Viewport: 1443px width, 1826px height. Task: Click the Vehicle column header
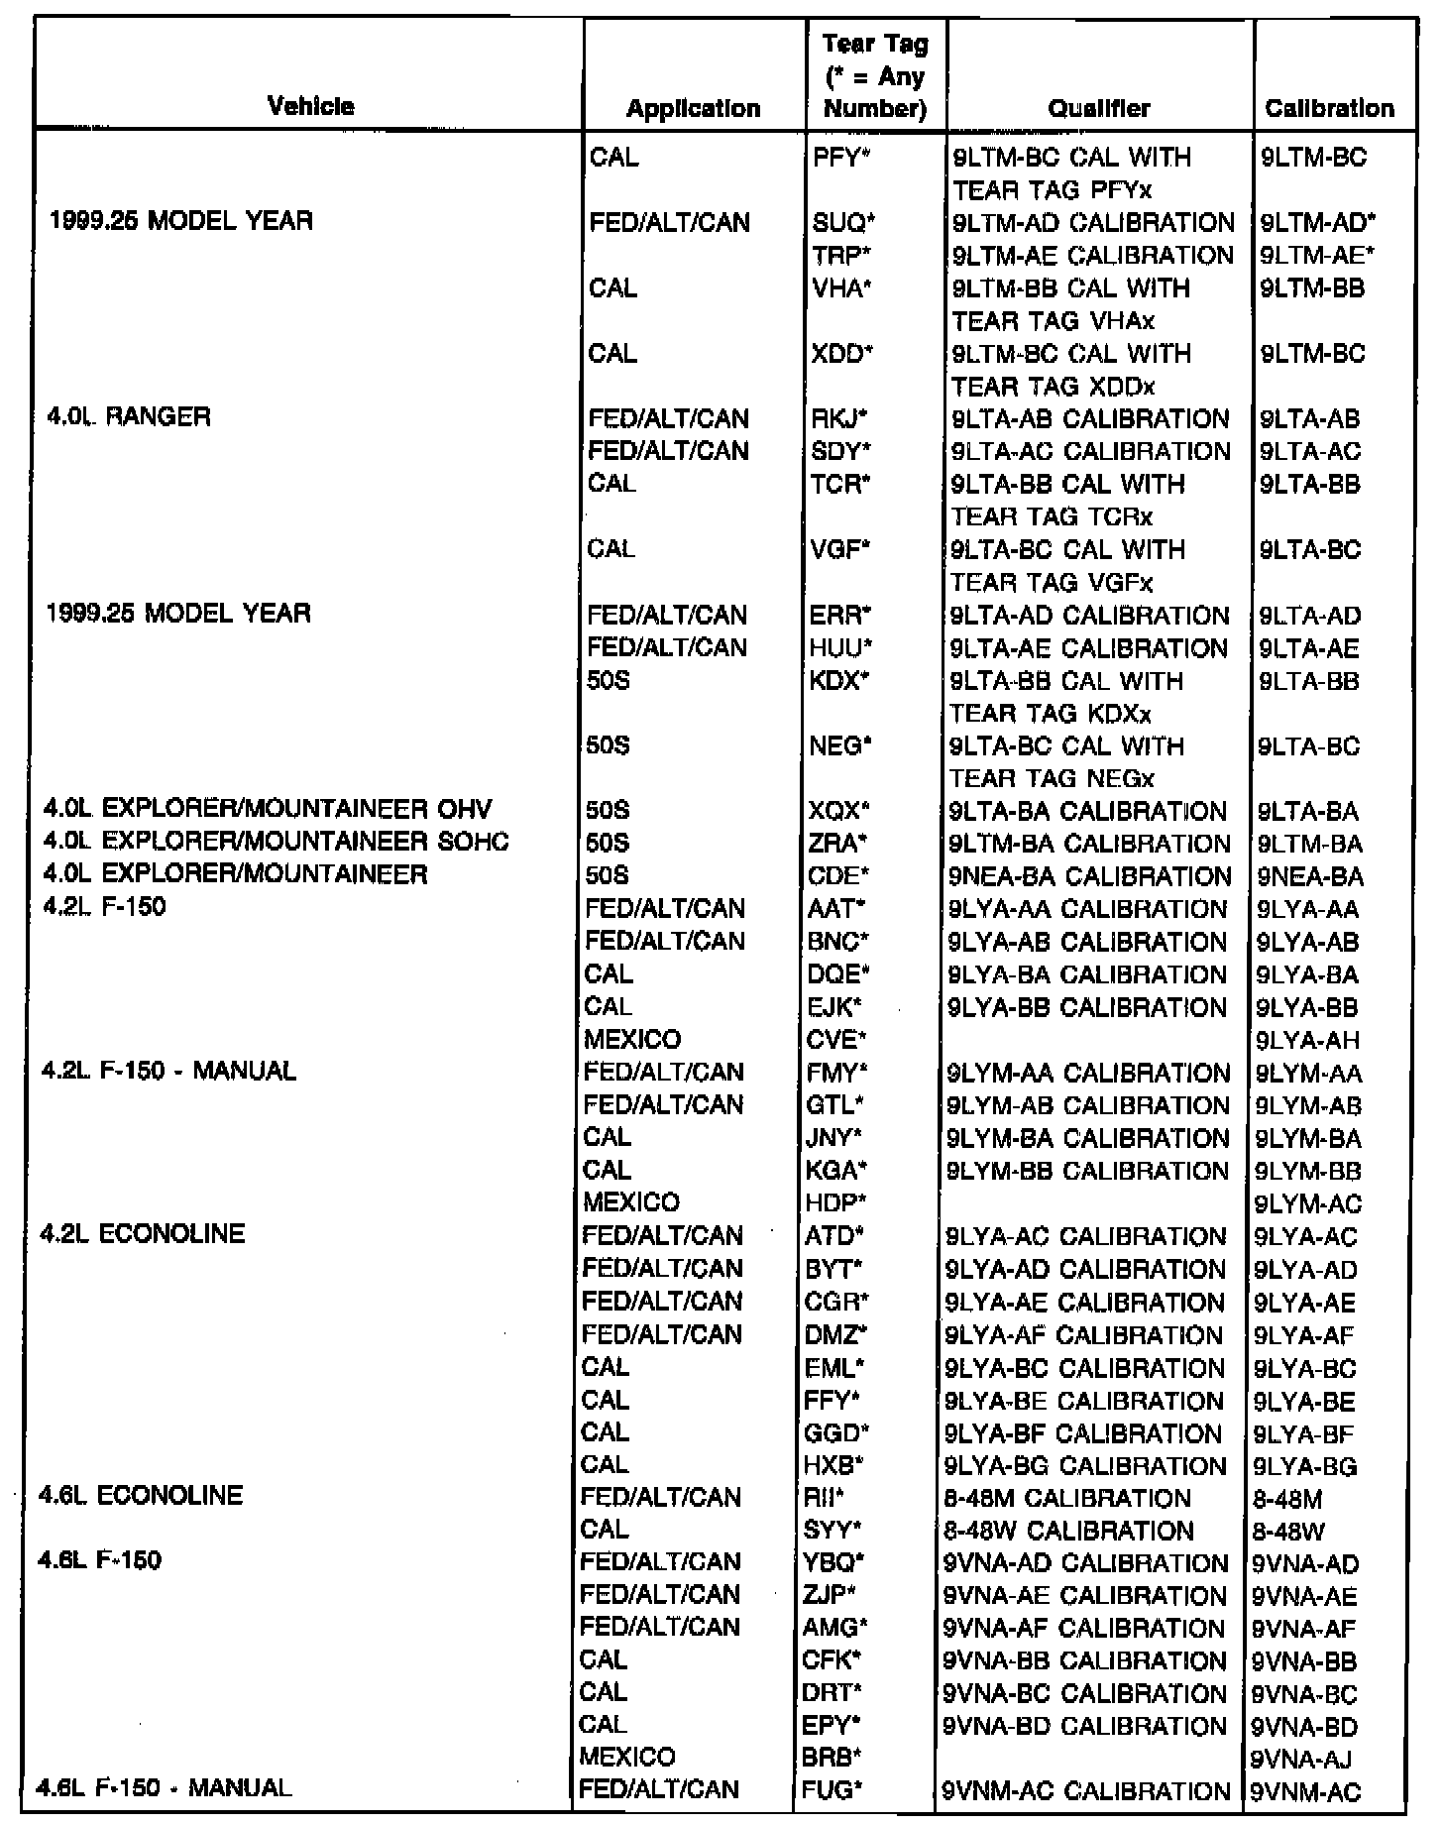coord(310,107)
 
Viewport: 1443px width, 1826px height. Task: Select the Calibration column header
coord(1329,108)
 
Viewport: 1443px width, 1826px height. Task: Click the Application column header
coord(693,108)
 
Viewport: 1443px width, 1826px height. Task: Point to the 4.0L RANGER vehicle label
coord(129,417)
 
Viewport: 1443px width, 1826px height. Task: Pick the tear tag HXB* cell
coord(835,1465)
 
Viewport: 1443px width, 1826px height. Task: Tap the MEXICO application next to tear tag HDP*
coord(632,1202)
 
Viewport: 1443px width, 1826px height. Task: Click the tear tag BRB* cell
coord(832,1758)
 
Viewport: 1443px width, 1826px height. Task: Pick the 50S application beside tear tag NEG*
coord(609,746)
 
